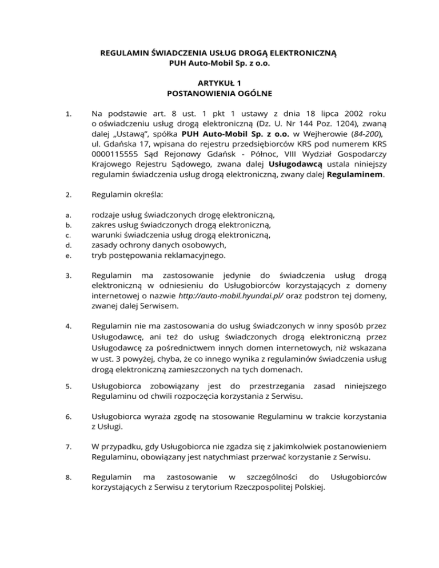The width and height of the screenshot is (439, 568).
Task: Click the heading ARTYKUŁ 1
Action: pyautogui.click(x=219, y=83)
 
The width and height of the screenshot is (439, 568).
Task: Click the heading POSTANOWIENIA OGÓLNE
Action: pyautogui.click(x=219, y=93)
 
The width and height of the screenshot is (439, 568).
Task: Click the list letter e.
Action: pyautogui.click(x=67, y=255)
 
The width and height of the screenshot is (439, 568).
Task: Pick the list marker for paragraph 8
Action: pyautogui.click(x=67, y=477)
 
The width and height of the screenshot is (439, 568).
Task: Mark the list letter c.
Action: pyautogui.click(x=67, y=235)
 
